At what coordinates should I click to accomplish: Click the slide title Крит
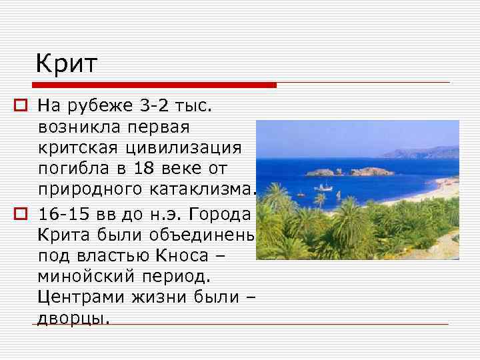pyautogui.click(x=67, y=64)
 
